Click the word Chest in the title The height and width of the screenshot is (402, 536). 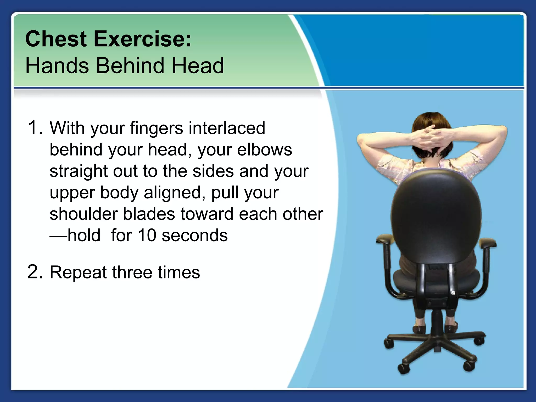(x=56, y=39)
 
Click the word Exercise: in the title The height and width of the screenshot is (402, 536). (x=143, y=39)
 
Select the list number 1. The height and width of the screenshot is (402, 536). (x=35, y=127)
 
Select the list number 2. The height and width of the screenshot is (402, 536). (x=35, y=272)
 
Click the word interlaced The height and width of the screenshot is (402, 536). (x=227, y=128)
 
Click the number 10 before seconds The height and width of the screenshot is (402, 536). (x=147, y=235)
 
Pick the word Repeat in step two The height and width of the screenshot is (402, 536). (x=78, y=272)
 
